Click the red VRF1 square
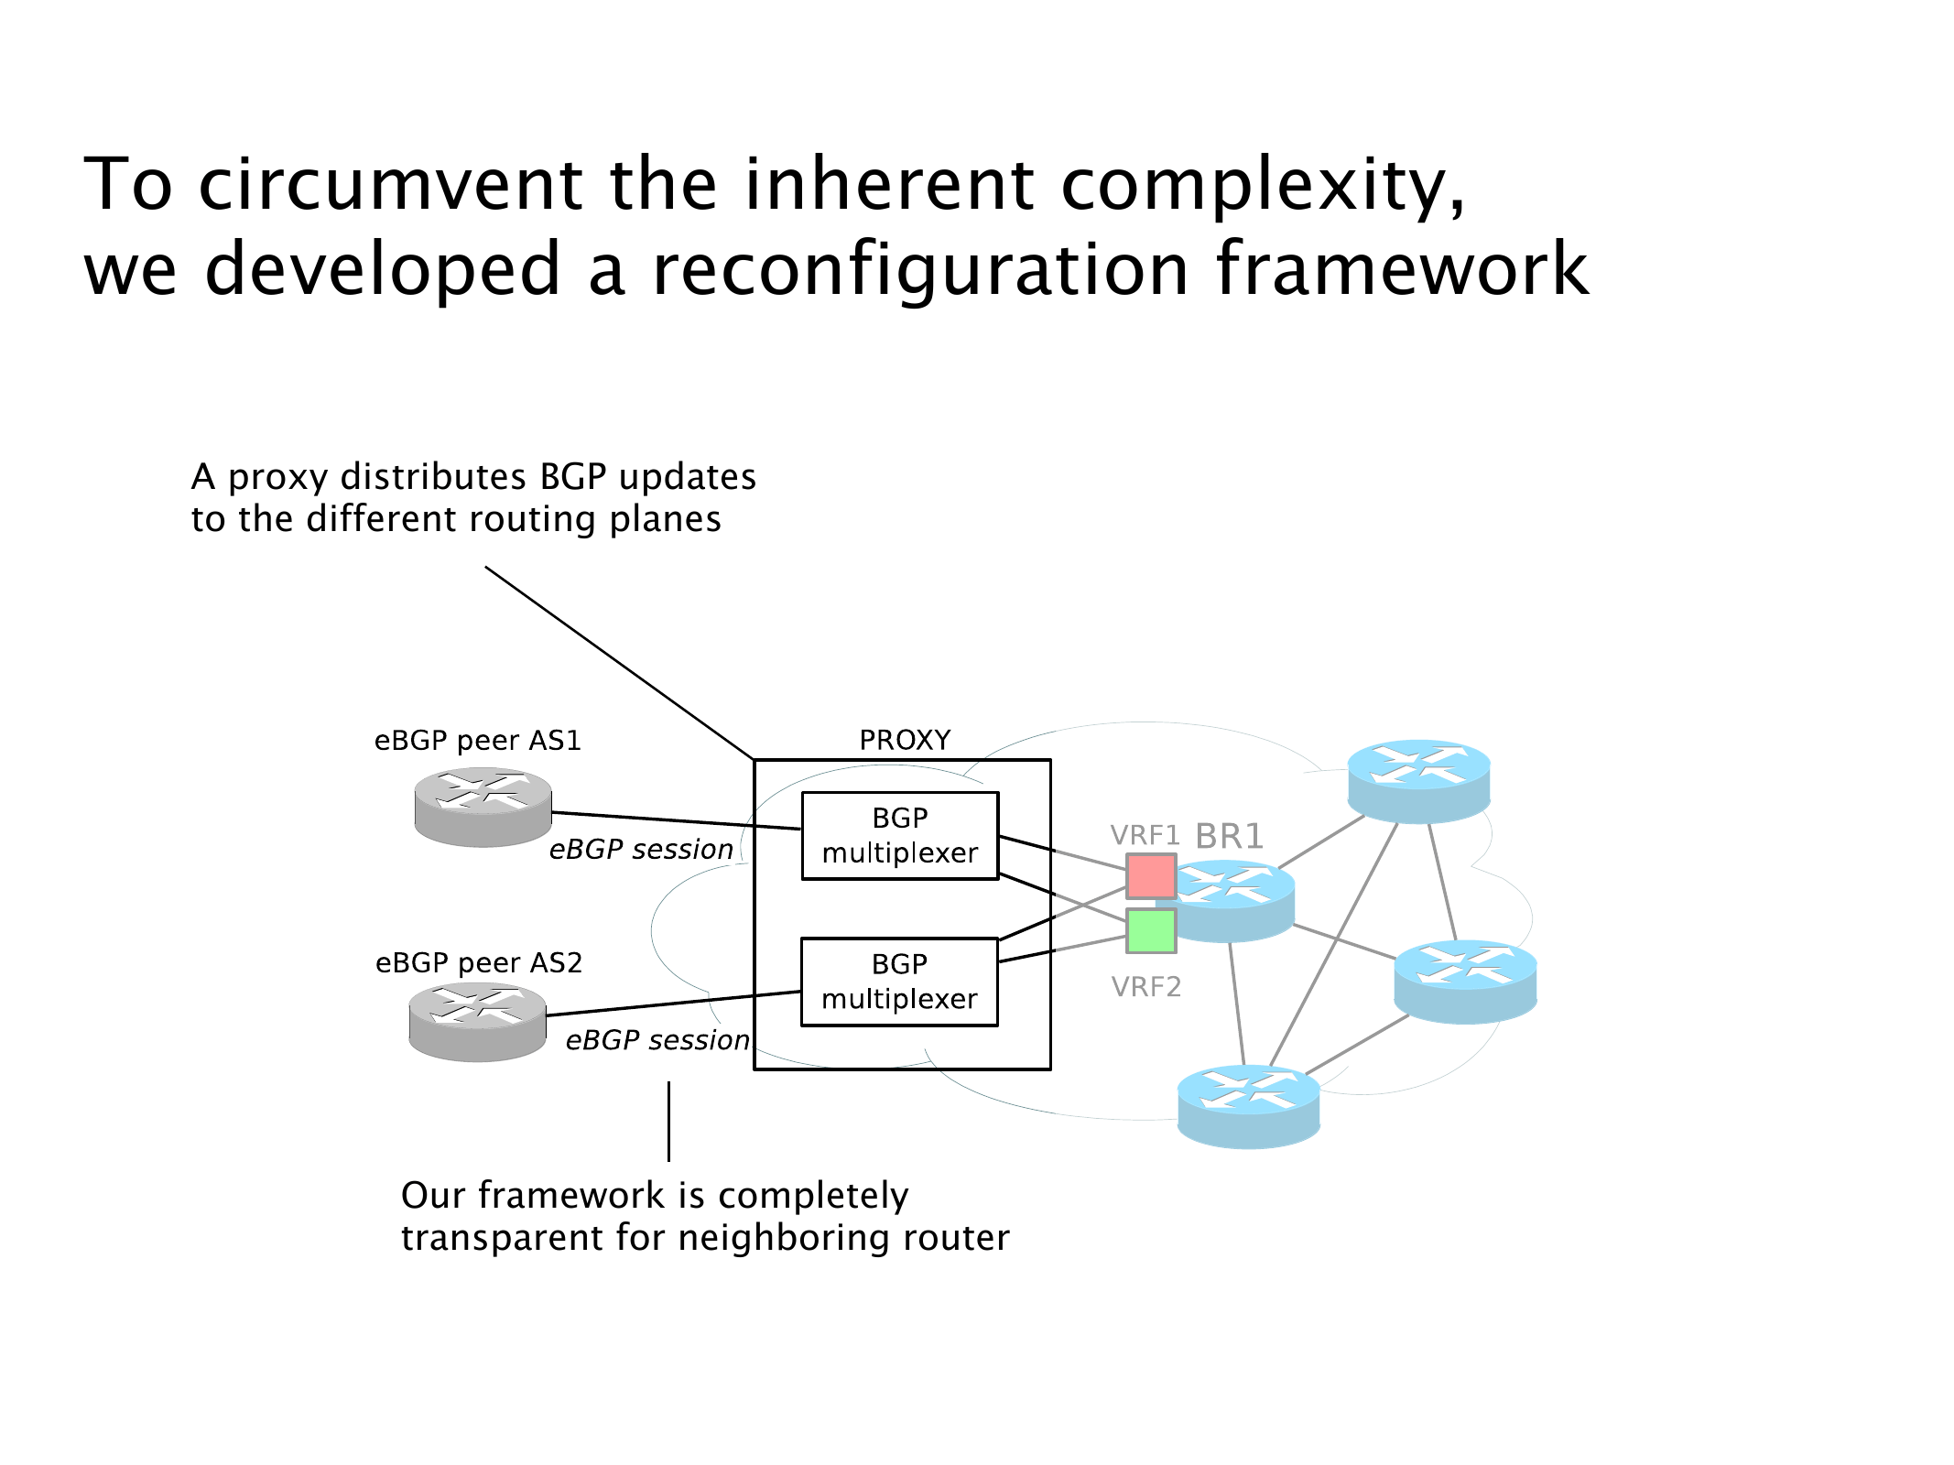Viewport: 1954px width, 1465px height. [1151, 876]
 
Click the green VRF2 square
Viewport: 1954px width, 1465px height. [1151, 930]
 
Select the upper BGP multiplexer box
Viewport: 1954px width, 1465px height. [900, 836]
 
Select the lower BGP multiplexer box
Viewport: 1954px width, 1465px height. [899, 982]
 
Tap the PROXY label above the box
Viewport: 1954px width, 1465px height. [905, 740]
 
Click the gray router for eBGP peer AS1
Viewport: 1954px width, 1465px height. [483, 807]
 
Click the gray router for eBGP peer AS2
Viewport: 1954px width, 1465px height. [477, 1022]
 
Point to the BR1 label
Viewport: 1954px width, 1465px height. [1229, 836]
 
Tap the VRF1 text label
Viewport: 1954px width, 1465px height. [1145, 835]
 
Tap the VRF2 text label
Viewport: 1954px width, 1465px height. [1145, 986]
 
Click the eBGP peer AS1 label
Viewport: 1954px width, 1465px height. [478, 740]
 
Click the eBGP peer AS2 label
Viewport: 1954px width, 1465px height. [479, 962]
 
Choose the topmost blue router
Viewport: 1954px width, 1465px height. [1419, 781]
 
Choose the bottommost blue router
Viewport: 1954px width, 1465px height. [1248, 1106]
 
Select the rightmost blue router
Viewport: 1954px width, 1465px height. [1465, 982]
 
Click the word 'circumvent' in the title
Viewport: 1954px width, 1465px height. [390, 184]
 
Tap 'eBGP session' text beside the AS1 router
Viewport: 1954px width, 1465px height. [641, 850]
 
